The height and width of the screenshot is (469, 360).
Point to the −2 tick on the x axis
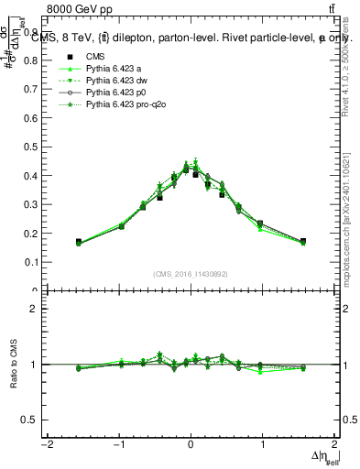click(x=47, y=445)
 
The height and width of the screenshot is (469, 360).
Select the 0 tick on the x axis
click(x=191, y=445)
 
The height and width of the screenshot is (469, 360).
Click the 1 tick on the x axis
click(x=262, y=445)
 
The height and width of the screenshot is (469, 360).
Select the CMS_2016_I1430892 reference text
click(x=191, y=273)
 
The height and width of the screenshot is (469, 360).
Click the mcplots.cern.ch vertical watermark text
click(x=352, y=220)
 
